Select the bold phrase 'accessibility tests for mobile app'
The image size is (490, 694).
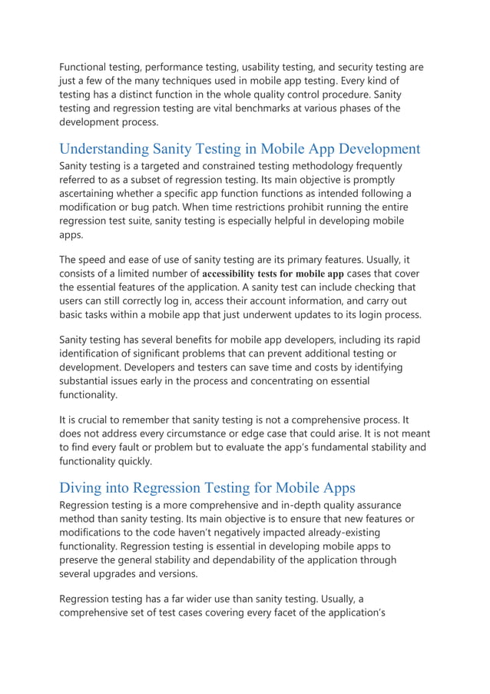click(x=273, y=273)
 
